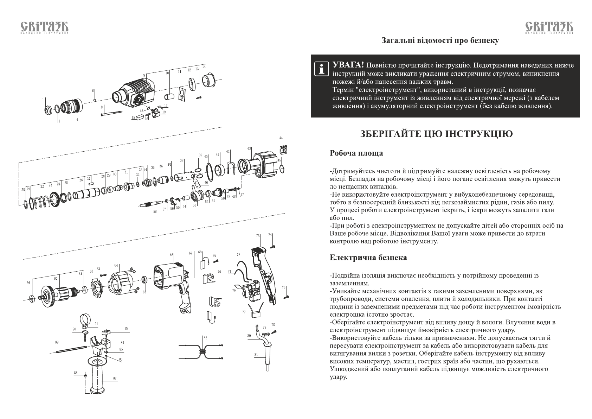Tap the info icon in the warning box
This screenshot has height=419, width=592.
(x=320, y=69)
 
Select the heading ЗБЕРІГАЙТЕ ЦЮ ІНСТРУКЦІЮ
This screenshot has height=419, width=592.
(x=436, y=134)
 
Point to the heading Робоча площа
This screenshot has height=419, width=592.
(x=356, y=153)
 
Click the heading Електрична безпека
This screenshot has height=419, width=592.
(x=368, y=258)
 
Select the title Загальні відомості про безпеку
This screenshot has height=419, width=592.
(x=440, y=40)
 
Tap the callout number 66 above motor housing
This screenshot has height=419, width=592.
(x=172, y=255)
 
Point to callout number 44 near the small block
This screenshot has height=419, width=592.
(x=281, y=138)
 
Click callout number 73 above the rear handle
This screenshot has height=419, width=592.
(x=258, y=236)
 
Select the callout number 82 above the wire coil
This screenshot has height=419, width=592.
(x=205, y=338)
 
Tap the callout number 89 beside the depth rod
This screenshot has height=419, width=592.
(x=57, y=342)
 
